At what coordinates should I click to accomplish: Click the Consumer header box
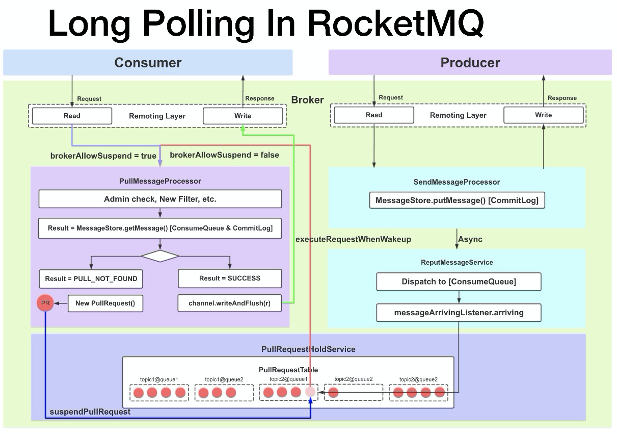click(x=148, y=63)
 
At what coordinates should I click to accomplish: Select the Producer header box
click(x=470, y=63)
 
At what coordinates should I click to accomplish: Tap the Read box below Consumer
click(x=72, y=116)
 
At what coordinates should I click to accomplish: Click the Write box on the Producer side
click(x=543, y=115)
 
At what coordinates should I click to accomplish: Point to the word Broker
click(x=307, y=100)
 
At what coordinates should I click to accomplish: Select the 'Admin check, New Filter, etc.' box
click(x=160, y=199)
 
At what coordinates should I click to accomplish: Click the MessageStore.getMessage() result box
click(x=160, y=228)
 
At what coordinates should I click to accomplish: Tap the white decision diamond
click(x=160, y=256)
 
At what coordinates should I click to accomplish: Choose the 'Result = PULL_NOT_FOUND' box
click(x=91, y=278)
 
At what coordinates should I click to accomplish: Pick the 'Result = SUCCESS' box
click(x=229, y=278)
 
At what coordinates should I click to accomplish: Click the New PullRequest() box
click(x=105, y=303)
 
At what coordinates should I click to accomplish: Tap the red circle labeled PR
click(x=45, y=303)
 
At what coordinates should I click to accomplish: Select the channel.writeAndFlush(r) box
click(x=229, y=303)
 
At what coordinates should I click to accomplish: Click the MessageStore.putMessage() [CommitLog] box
click(x=457, y=200)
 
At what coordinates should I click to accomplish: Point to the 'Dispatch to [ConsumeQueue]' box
click(x=459, y=282)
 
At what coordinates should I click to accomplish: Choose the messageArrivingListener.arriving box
click(x=459, y=312)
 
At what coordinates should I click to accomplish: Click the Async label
click(x=470, y=239)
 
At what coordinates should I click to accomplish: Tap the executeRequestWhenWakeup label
click(x=353, y=239)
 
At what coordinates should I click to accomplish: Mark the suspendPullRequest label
click(x=90, y=412)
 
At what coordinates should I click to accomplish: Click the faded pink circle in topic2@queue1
click(x=310, y=392)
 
